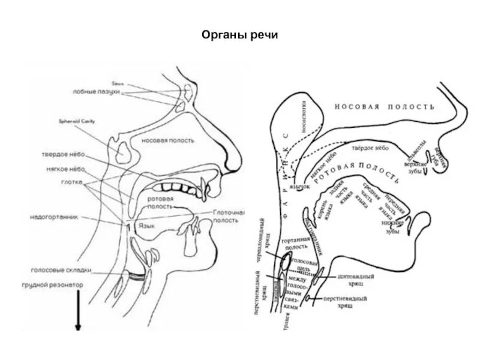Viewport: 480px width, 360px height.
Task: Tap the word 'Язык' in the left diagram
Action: pyautogui.click(x=148, y=226)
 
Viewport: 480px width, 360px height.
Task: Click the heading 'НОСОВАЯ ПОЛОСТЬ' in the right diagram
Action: pyautogui.click(x=384, y=107)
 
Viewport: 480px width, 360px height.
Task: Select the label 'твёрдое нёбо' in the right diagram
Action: pyautogui.click(x=370, y=147)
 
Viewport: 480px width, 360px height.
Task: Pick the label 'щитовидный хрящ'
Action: pyautogui.click(x=356, y=280)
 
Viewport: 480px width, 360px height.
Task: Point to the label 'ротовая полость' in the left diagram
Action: pyautogui.click(x=161, y=202)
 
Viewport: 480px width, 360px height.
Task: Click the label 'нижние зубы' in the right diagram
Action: pyautogui.click(x=391, y=226)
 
